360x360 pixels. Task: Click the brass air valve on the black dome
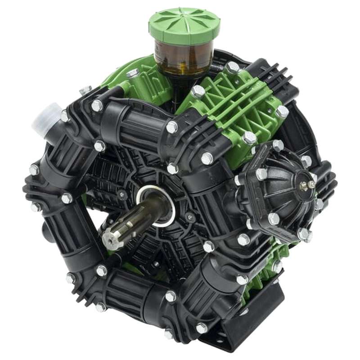point(311,184)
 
